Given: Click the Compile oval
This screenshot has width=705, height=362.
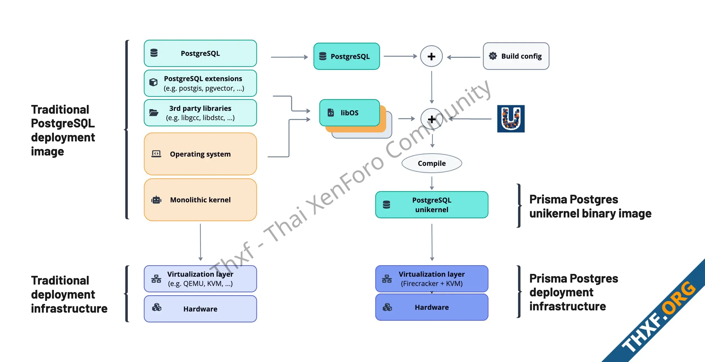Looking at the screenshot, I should (432, 163).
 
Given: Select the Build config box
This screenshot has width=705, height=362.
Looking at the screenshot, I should (516, 56).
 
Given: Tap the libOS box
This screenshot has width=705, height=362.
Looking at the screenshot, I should (349, 113).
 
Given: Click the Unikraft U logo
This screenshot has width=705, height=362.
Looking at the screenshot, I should (511, 119).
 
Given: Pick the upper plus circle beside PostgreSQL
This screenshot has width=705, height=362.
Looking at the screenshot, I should (431, 56).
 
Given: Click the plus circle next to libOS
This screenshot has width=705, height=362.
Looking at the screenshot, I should (432, 119).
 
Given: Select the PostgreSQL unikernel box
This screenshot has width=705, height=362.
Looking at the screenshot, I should (432, 205).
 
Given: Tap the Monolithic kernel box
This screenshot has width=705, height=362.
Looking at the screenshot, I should (200, 200).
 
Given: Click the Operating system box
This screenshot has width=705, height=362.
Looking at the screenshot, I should (200, 154).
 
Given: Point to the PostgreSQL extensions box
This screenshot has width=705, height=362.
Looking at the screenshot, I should (200, 83).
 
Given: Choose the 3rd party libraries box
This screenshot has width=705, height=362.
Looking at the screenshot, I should (200, 113).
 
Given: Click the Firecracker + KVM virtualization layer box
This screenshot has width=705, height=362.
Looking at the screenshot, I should (432, 279).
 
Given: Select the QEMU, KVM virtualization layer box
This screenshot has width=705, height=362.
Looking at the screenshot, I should (200, 279).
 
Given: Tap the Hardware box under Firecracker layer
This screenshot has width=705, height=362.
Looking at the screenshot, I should (432, 307).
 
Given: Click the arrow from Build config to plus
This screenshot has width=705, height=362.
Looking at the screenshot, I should (463, 57).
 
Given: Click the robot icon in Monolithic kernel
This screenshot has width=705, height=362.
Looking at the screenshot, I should (156, 200).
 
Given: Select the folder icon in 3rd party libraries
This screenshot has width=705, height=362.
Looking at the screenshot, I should (154, 113).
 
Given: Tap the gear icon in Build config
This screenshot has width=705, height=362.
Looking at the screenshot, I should (493, 56).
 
